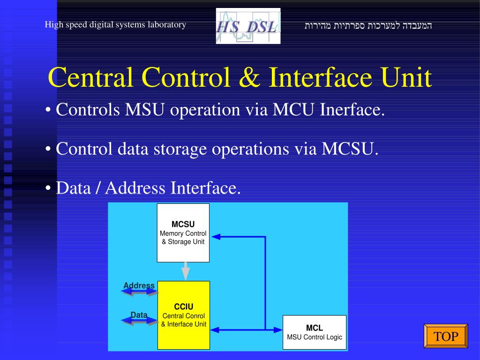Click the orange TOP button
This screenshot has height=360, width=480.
click(446, 336)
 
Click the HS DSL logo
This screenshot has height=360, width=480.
click(248, 26)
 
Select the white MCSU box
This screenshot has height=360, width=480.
click(183, 233)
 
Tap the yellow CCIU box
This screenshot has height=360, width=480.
click(183, 315)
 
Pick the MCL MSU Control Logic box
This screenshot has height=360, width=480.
click(315, 332)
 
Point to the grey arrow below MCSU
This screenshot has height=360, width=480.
click(186, 271)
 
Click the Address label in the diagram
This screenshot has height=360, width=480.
click(139, 285)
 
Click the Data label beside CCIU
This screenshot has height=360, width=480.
click(139, 315)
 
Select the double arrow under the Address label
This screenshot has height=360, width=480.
click(140, 292)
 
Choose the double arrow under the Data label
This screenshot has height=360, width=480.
click(140, 321)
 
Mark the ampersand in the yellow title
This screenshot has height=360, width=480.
click(248, 78)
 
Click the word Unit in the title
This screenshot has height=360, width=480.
click(406, 78)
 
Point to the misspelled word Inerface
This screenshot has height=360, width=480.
click(352, 110)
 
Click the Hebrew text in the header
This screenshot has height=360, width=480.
click(368, 25)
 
